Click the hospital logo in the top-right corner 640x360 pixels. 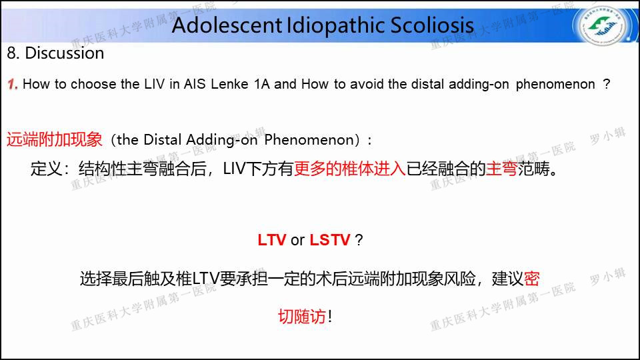(603, 25)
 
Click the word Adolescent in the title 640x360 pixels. (227, 25)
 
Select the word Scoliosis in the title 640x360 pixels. (432, 25)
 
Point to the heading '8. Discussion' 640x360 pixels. (55, 53)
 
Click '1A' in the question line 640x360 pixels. (261, 84)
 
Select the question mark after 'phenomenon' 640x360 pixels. (607, 84)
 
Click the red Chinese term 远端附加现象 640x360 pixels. (54, 139)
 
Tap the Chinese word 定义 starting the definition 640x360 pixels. (46, 169)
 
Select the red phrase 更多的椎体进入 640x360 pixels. (350, 169)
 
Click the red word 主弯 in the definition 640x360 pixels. (501, 169)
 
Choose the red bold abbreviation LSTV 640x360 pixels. (330, 240)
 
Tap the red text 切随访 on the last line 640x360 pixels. (301, 316)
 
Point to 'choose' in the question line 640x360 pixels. (93, 84)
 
